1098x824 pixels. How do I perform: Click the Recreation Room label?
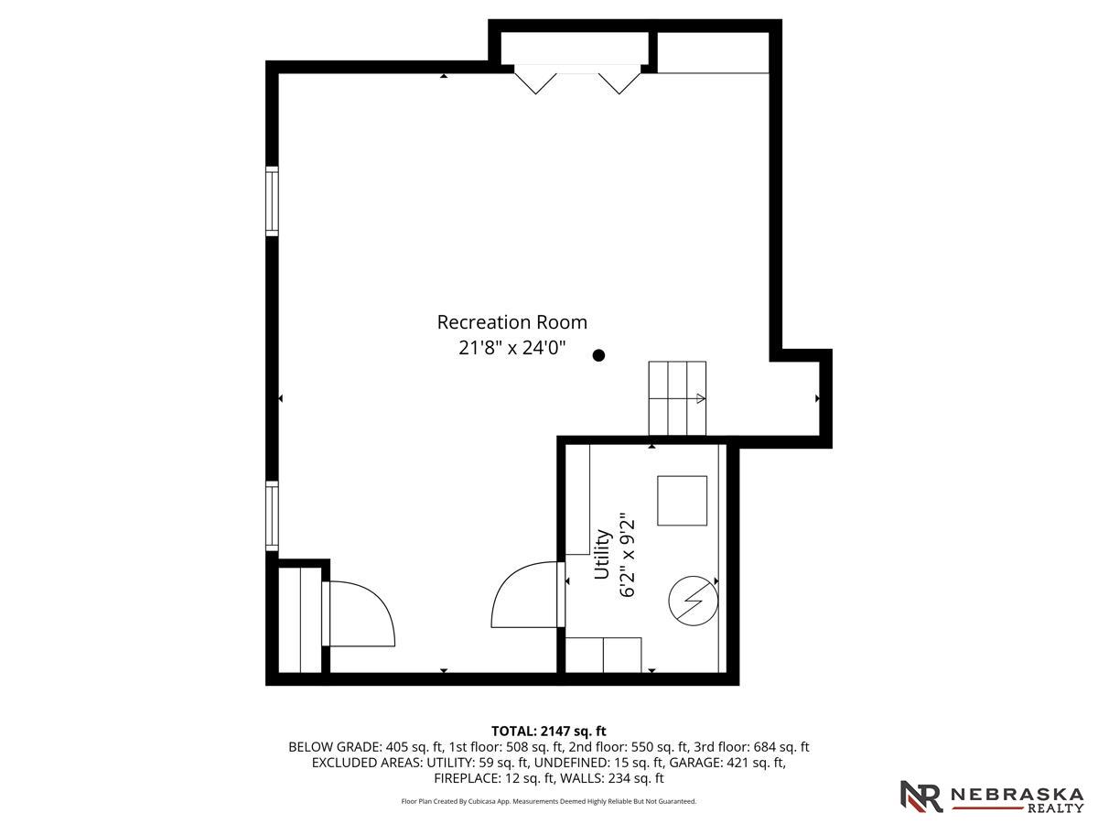(511, 322)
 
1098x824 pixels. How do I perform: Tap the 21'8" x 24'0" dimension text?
(511, 347)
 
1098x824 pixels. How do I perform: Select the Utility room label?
(602, 554)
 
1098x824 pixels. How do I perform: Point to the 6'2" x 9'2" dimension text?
(628, 555)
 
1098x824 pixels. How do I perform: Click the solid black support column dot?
(598, 355)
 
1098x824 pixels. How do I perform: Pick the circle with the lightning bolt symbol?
(693, 601)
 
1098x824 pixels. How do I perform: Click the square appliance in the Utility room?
(682, 501)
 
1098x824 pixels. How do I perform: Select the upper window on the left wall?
(272, 201)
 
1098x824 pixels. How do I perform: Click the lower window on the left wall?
(272, 515)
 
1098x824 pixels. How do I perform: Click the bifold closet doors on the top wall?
(577, 79)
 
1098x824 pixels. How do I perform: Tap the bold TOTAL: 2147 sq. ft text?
(548, 731)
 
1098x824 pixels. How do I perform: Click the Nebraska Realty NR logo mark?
(921, 796)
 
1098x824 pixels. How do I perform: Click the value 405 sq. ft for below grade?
(414, 747)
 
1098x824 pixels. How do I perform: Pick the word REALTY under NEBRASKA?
(1056, 808)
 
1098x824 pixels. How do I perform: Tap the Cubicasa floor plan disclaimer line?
(549, 801)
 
